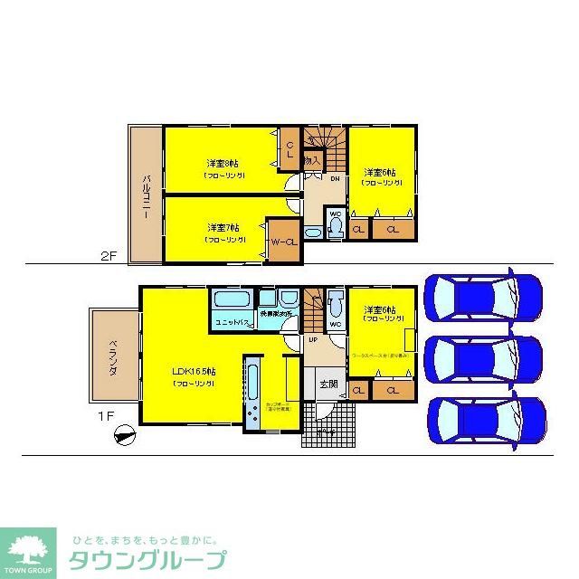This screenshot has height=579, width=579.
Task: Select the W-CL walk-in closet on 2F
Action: pos(283,242)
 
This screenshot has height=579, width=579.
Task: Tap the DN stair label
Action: pos(334,178)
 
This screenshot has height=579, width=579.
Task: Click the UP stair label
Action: pos(312,339)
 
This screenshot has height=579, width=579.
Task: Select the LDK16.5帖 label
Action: pos(195,372)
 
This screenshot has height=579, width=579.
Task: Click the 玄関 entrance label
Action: pos(327,384)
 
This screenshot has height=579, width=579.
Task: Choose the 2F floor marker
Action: pos(109,256)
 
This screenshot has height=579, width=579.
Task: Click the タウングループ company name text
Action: pos(145,559)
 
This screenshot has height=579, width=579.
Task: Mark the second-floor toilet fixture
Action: pos(334,228)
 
